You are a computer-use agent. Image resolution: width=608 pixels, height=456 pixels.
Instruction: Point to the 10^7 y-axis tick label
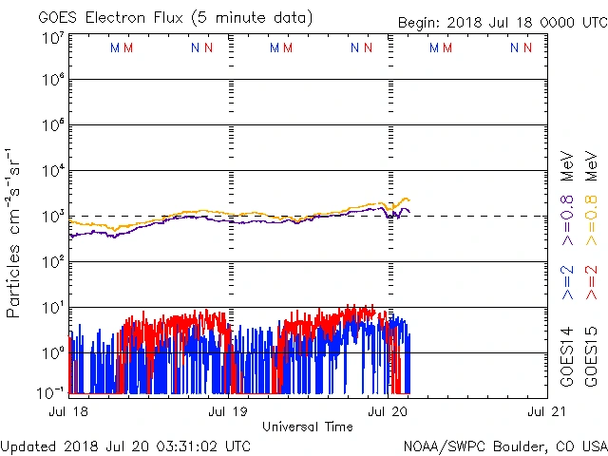pyautogui.click(x=52, y=37)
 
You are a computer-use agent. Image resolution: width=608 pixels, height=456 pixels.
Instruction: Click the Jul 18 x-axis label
pyautogui.click(x=69, y=411)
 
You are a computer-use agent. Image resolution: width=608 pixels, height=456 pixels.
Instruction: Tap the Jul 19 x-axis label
pyautogui.click(x=228, y=411)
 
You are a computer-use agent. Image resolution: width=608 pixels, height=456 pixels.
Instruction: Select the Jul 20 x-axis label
pyautogui.click(x=388, y=411)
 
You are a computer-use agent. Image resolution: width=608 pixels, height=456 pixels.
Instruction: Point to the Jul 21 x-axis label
pyautogui.click(x=546, y=411)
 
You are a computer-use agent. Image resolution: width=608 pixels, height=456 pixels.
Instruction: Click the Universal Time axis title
pyautogui.click(x=308, y=427)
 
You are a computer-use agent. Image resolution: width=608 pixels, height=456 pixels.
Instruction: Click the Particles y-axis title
pyautogui.click(x=14, y=233)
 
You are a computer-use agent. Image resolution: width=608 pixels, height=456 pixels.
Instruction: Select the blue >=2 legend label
pyautogui.click(x=567, y=282)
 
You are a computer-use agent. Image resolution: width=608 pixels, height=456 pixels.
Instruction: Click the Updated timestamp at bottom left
pyautogui.click(x=126, y=446)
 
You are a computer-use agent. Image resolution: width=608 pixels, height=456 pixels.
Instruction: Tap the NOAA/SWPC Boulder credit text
pyautogui.click(x=504, y=446)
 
